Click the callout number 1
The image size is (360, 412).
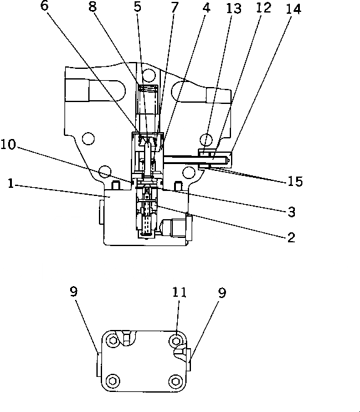(x=11, y=183)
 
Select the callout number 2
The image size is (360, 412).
(x=291, y=237)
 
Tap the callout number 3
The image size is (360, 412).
(x=291, y=212)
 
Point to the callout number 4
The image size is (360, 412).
(x=207, y=8)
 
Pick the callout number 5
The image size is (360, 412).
(x=138, y=7)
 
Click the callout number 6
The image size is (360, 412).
(x=44, y=6)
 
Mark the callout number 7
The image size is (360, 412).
(x=175, y=8)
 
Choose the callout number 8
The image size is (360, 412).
(x=92, y=6)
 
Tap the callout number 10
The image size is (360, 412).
(x=8, y=145)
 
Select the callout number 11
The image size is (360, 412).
(x=180, y=292)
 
